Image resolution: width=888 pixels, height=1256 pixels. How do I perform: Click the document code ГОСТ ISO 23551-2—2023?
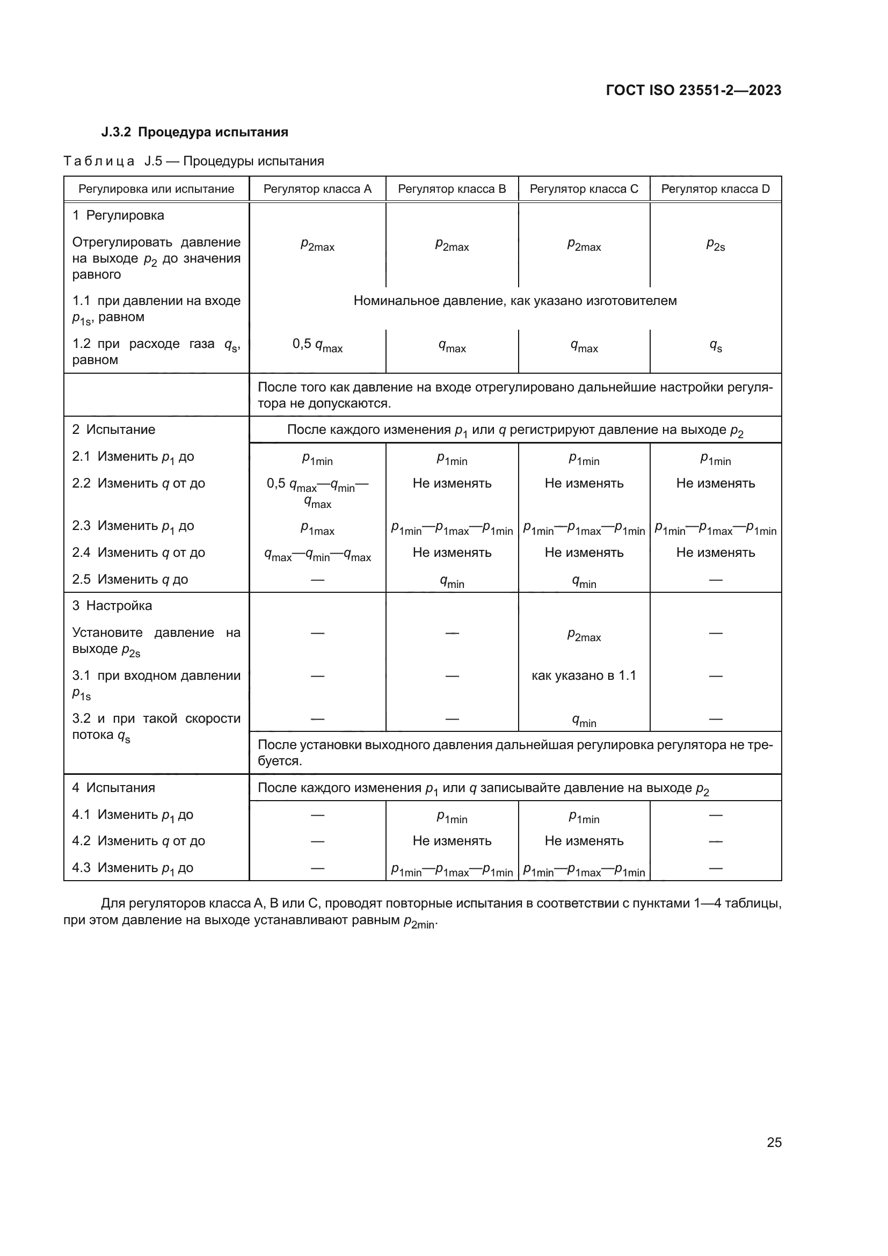[693, 90]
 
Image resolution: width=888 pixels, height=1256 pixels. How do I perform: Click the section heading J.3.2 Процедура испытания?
[195, 133]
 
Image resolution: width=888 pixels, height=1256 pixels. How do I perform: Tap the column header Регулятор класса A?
[317, 189]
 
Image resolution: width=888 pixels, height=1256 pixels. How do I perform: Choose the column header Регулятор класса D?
[715, 189]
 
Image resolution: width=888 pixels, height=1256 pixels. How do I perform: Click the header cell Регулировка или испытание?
[156, 189]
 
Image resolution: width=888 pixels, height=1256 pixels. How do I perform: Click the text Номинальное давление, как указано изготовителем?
[515, 301]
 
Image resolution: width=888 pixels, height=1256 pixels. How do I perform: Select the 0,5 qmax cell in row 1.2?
[317, 345]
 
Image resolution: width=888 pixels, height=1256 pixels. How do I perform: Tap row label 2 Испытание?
[114, 430]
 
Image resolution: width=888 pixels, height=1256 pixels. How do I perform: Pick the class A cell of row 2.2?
[317, 492]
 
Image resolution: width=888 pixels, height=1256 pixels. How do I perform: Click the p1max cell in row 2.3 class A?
[317, 528]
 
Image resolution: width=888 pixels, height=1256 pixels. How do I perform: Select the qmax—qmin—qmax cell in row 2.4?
[317, 555]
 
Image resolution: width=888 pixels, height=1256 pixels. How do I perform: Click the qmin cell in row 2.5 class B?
[452, 582]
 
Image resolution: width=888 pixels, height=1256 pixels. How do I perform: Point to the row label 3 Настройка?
[112, 606]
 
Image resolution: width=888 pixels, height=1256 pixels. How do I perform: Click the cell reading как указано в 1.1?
[584, 676]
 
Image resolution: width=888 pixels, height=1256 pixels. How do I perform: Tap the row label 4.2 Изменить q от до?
[139, 841]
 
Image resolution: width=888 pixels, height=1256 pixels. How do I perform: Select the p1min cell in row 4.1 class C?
[584, 817]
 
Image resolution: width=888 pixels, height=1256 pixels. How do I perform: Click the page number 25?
[774, 1142]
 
